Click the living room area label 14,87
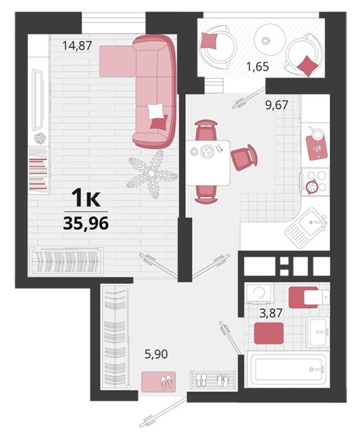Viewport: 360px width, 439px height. [77, 45]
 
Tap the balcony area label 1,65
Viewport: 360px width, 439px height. [257, 67]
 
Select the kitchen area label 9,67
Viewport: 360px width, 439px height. [276, 105]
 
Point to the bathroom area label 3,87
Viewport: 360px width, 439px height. [271, 313]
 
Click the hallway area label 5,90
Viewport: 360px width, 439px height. [156, 354]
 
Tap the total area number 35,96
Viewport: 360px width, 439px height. [86, 223]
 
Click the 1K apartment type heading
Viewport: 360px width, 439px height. [86, 198]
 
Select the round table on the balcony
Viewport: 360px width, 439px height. [269, 39]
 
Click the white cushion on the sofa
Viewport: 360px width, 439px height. [156, 111]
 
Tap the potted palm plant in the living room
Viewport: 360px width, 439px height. [152, 174]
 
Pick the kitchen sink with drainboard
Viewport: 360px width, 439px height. [306, 228]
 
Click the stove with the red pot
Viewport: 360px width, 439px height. [315, 182]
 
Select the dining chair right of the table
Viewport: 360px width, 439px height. [244, 157]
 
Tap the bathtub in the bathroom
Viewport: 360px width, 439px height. [288, 369]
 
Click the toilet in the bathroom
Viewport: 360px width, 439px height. [309, 297]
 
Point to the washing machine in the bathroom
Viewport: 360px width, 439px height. [259, 293]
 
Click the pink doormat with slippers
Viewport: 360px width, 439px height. [158, 382]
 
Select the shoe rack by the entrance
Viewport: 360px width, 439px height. [213, 380]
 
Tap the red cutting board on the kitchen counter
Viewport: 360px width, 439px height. [317, 147]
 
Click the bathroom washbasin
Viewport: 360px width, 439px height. [318, 332]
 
